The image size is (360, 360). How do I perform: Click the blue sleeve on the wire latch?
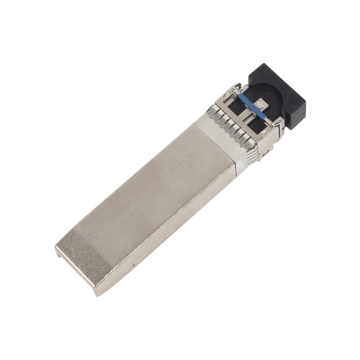(x=252, y=106)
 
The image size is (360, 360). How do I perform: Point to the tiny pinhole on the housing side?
(x=134, y=264)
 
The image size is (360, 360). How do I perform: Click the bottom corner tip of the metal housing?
(x=97, y=295)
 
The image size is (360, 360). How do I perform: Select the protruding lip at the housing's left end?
(x=58, y=250)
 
